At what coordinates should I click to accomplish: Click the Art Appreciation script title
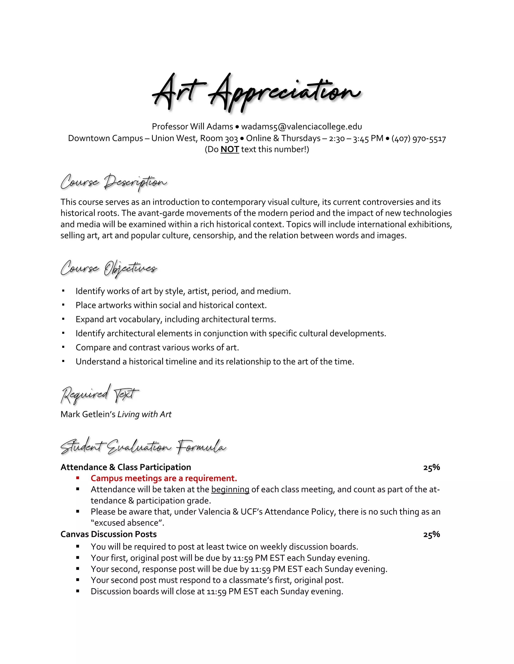tap(257, 92)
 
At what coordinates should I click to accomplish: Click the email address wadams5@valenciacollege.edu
tap(301, 127)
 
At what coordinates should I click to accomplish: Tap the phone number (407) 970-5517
tap(419, 138)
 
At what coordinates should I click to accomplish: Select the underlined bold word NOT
tap(230, 149)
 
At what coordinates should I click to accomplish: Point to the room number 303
tap(231, 139)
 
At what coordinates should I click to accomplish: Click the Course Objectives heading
tap(109, 268)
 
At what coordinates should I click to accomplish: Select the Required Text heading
tap(100, 394)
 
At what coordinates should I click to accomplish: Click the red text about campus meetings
tap(164, 478)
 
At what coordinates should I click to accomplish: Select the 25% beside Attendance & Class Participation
tap(431, 467)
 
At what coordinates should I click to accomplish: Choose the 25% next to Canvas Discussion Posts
tap(431, 534)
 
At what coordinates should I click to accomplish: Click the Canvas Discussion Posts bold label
tap(108, 534)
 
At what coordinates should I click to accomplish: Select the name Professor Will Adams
tap(192, 127)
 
